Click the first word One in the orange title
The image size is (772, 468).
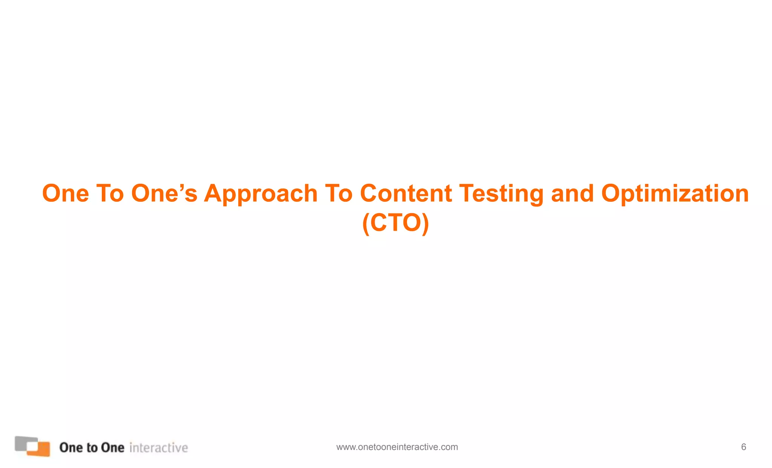[x=65, y=194]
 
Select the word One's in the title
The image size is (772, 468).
[x=164, y=194]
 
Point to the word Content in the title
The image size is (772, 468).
[x=406, y=194]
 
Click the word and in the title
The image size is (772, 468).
[x=572, y=194]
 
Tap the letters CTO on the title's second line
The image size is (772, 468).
[x=395, y=223]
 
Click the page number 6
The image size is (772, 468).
[x=743, y=447]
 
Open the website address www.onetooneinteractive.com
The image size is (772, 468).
[x=397, y=447]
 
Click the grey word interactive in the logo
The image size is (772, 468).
[x=158, y=448]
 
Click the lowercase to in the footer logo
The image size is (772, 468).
[x=92, y=448]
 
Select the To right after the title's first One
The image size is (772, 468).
[x=110, y=194]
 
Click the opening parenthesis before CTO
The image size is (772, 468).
[x=365, y=224]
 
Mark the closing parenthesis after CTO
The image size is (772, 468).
[x=426, y=224]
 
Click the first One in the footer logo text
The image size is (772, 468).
[x=71, y=448]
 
